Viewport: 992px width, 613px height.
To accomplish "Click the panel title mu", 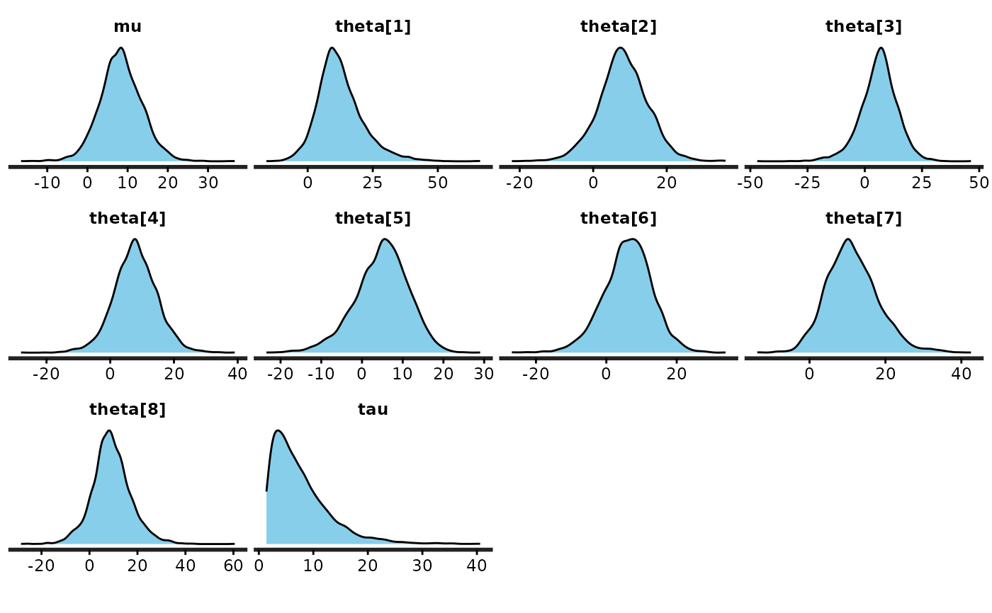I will (128, 27).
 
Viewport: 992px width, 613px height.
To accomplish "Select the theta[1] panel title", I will (373, 27).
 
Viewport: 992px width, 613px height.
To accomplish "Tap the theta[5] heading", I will (373, 218).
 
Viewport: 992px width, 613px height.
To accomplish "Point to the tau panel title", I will (373, 409).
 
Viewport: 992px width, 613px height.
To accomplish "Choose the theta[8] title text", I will (128, 409).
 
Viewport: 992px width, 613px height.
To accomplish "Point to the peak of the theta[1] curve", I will (332, 48).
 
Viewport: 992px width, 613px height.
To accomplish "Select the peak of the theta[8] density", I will (108, 430).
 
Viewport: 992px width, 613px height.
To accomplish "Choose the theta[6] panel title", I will (618, 218).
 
